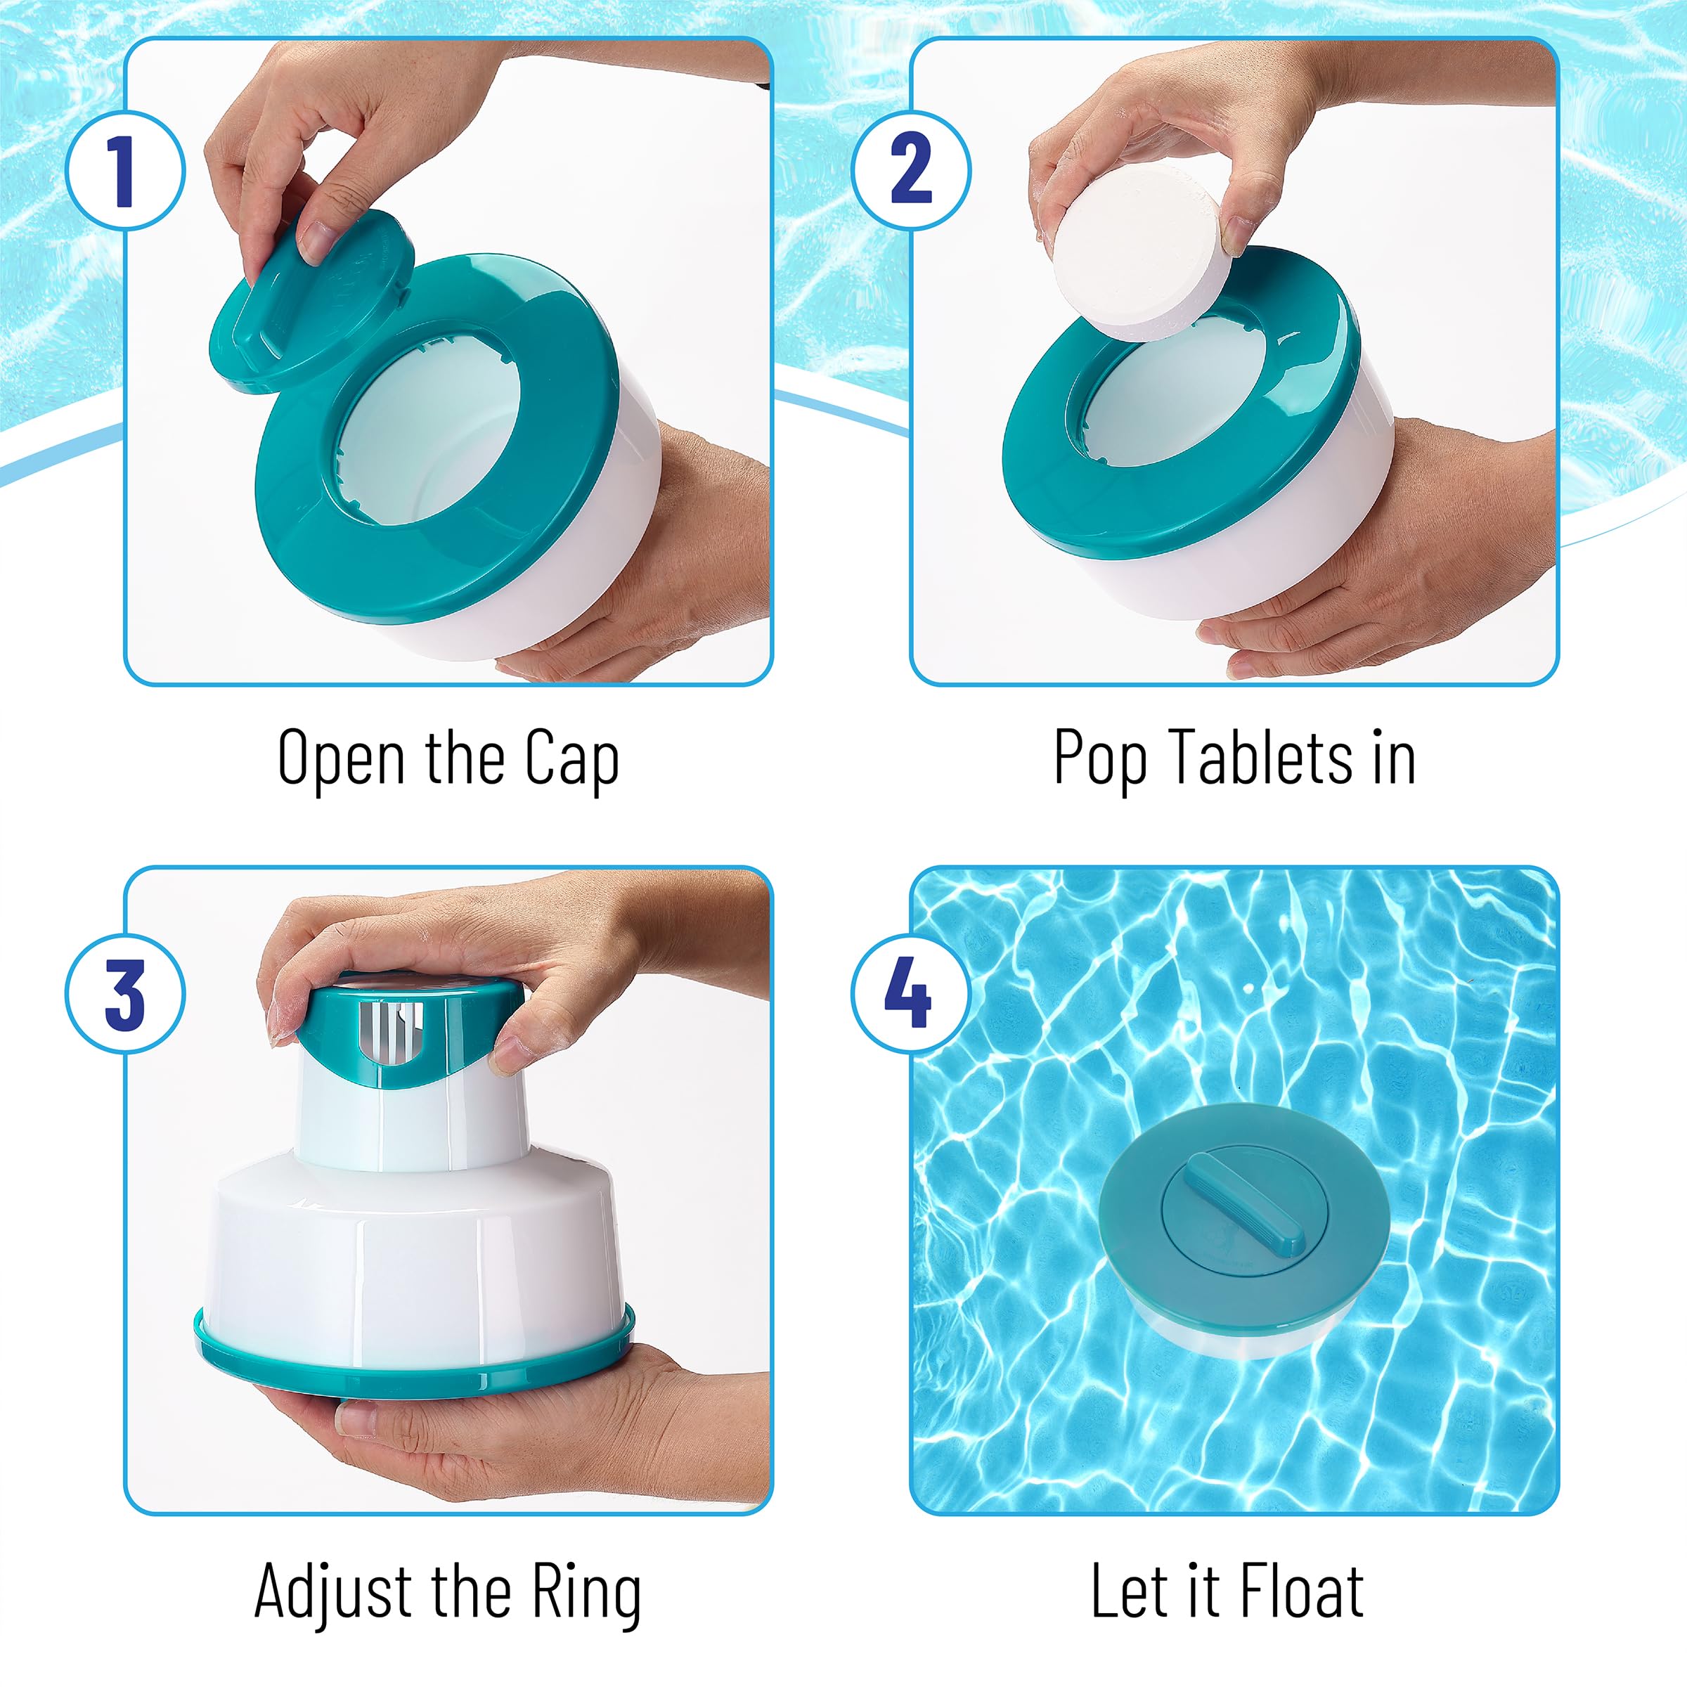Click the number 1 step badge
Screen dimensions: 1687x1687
point(126,170)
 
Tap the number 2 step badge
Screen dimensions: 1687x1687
point(911,170)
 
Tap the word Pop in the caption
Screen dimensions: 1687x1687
point(1099,758)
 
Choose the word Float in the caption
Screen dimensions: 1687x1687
point(1301,1589)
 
